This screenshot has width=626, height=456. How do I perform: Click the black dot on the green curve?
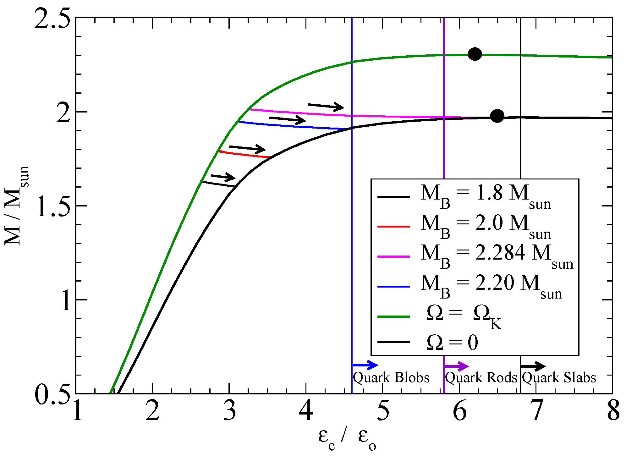click(475, 54)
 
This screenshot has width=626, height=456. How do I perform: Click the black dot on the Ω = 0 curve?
click(497, 116)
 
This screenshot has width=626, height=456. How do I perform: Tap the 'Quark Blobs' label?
click(391, 377)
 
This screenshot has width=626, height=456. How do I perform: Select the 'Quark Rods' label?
click(481, 377)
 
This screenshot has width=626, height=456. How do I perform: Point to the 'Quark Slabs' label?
click(559, 377)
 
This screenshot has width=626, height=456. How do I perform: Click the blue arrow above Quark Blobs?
click(365, 365)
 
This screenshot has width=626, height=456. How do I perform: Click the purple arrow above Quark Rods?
click(456, 366)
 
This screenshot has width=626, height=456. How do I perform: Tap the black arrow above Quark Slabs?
click(533, 366)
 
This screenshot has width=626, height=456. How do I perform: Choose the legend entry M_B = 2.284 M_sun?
click(497, 255)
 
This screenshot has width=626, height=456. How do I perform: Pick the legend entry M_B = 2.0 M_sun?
click(486, 226)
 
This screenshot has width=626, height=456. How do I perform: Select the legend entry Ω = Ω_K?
click(464, 316)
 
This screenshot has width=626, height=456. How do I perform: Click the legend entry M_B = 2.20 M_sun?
click(491, 285)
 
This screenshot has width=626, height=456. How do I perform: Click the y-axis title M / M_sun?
click(17, 206)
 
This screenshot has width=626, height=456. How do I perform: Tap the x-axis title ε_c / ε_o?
click(347, 438)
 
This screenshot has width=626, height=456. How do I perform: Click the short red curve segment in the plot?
click(244, 154)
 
